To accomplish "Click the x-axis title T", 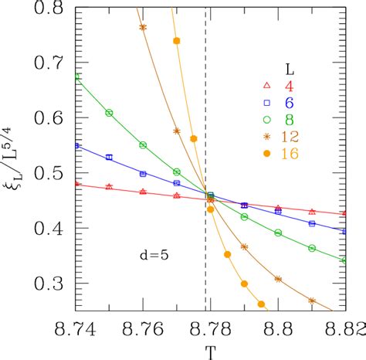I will coord(208,352).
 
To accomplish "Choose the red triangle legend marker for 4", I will coord(266,85).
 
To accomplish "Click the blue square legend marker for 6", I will coord(266,102).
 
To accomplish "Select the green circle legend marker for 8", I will coord(266,120).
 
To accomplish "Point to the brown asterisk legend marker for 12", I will coord(266,137).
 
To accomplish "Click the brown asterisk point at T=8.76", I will coord(143,27).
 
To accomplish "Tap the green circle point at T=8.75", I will coord(109,113).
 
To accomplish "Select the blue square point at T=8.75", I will coord(109,157).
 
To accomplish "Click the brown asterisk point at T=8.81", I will coord(312,301).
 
